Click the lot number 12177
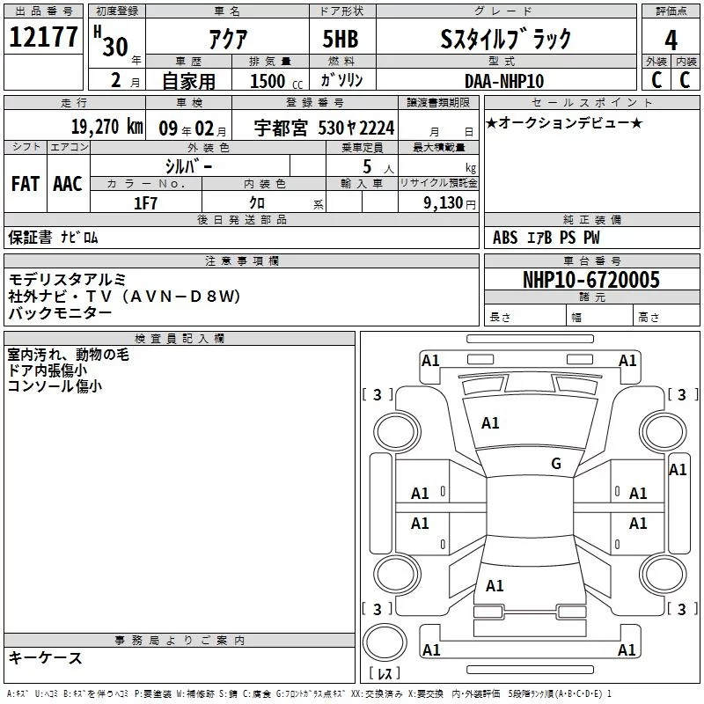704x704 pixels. click(x=42, y=39)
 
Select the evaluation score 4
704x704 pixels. click(x=671, y=40)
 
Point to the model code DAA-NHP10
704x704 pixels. click(x=504, y=81)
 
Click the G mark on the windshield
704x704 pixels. click(x=555, y=464)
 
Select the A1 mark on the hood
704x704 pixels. click(x=490, y=423)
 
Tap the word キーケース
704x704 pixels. click(x=46, y=658)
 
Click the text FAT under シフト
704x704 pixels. click(x=26, y=184)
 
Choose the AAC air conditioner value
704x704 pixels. click(x=68, y=184)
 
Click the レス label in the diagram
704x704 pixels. click(x=385, y=674)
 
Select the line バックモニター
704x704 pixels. click(x=60, y=312)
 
